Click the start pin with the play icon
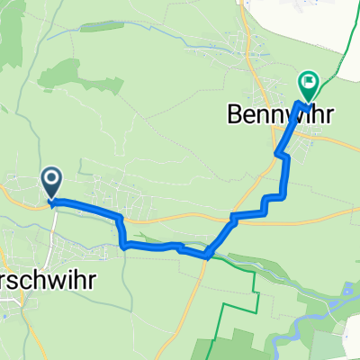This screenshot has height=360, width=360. click(x=51, y=184)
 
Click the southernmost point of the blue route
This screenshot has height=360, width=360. click(x=208, y=256)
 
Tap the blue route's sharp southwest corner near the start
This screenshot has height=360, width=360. click(x=122, y=243)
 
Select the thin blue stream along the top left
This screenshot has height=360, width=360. click(x=108, y=33)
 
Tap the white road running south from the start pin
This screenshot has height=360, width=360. click(x=53, y=225)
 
